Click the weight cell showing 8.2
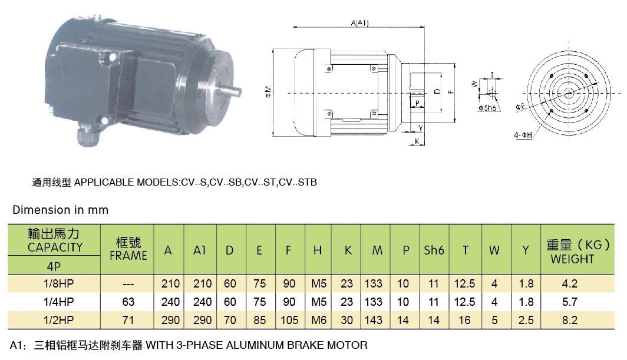[569, 320]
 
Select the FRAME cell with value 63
[128, 302]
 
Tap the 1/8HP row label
[55, 283]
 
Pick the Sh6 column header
[434, 250]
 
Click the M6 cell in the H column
[318, 320]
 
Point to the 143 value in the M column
[373, 320]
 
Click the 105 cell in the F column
[289, 320]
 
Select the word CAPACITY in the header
[55, 247]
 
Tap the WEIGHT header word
[572, 259]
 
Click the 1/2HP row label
[55, 320]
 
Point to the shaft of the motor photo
[231, 91]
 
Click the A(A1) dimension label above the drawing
[359, 24]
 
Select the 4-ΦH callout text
[523, 135]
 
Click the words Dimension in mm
[61, 210]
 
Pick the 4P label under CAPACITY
[55, 266]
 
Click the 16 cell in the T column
[464, 320]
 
